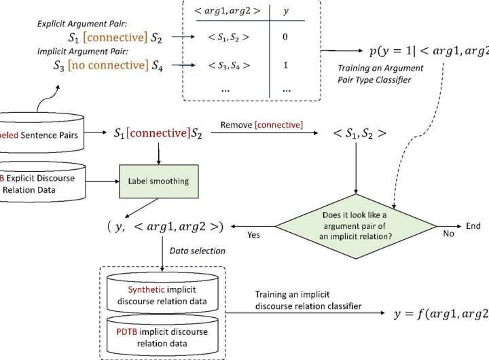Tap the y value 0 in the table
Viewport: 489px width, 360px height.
click(x=285, y=37)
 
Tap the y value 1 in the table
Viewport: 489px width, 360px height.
click(x=285, y=65)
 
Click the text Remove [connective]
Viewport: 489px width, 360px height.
click(x=261, y=125)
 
